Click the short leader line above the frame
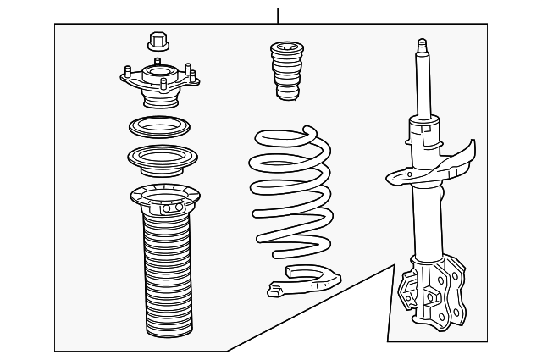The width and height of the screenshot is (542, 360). pyautogui.click(x=277, y=14)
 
